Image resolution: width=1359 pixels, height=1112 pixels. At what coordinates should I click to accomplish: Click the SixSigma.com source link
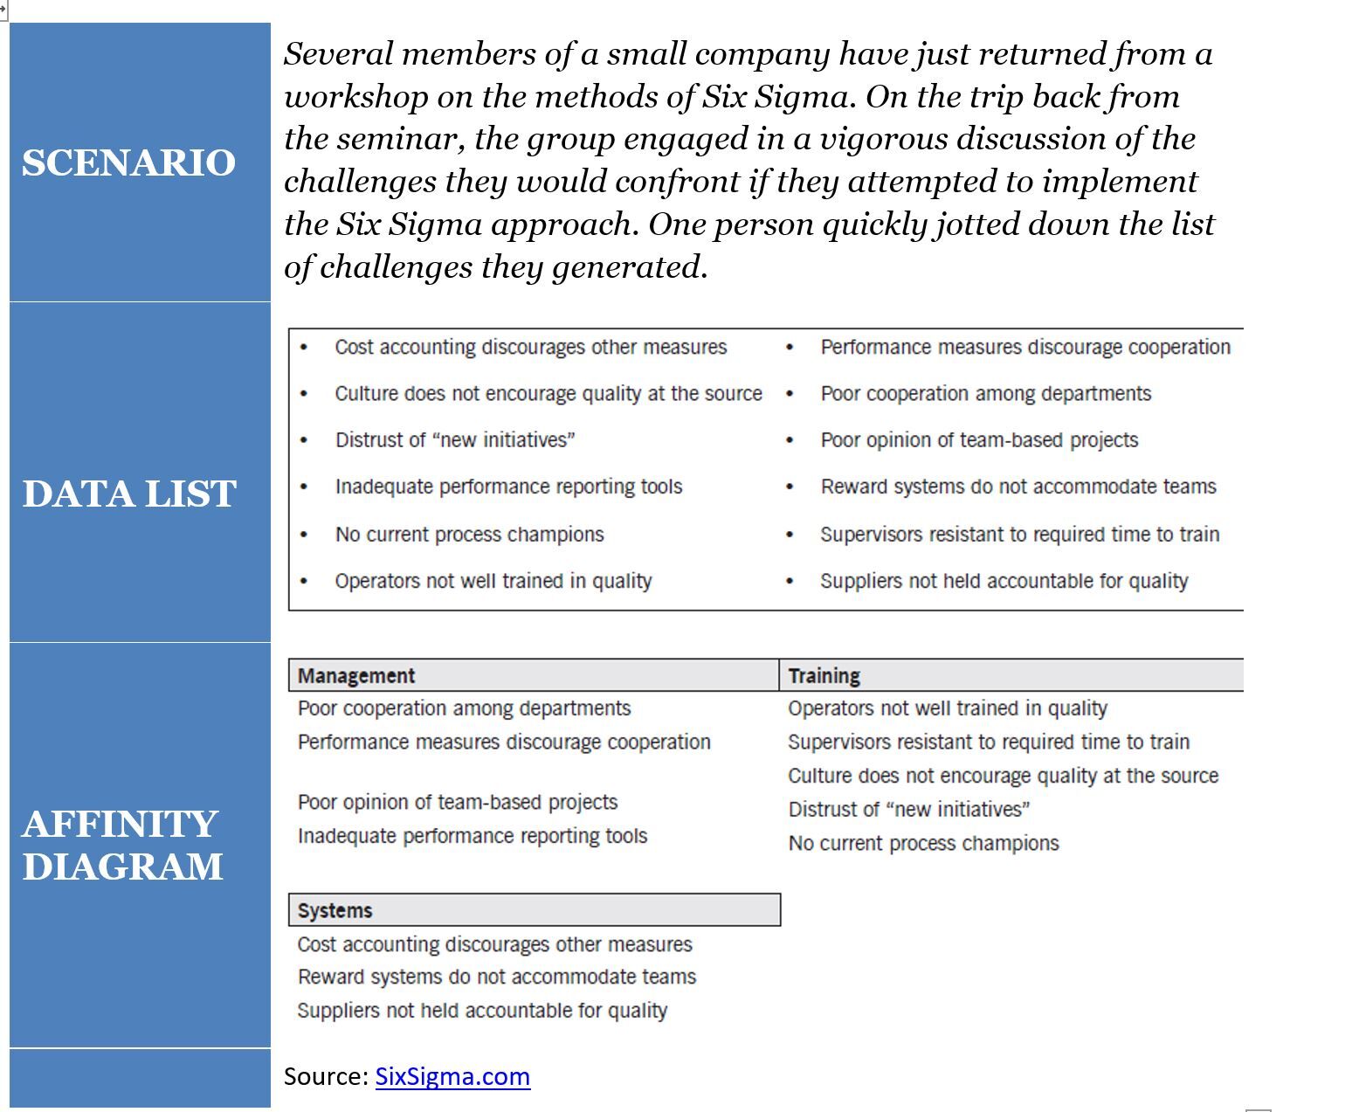tap(452, 1076)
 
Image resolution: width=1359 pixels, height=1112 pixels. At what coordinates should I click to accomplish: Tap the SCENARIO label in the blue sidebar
tap(129, 162)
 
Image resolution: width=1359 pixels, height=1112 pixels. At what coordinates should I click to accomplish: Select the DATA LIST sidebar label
tap(129, 494)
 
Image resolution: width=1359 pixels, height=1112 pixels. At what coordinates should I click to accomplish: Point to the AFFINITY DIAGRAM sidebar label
tap(123, 845)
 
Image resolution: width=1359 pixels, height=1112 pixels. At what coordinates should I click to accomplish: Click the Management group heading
tap(356, 675)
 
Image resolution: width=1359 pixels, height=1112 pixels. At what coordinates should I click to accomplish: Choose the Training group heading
tap(824, 675)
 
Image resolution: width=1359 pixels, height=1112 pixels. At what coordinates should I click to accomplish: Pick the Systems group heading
tap(335, 910)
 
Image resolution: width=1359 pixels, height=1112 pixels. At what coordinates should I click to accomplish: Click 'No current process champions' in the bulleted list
tap(469, 534)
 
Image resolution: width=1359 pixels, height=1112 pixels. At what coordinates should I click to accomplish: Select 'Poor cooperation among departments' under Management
tap(464, 708)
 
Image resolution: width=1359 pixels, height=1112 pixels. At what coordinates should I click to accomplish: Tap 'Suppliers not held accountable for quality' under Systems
tap(482, 1011)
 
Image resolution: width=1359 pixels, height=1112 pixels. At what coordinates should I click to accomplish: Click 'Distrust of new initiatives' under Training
tap(908, 809)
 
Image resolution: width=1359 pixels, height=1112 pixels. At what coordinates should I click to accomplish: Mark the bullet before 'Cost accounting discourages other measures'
tap(304, 348)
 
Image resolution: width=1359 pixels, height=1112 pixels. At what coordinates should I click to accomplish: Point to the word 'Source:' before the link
tap(326, 1076)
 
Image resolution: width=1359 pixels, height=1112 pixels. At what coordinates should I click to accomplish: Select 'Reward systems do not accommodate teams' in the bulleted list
tap(1018, 487)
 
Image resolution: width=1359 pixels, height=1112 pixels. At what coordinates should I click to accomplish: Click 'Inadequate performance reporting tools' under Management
tap(473, 836)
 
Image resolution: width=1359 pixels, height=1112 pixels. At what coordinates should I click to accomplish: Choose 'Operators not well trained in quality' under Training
tap(947, 708)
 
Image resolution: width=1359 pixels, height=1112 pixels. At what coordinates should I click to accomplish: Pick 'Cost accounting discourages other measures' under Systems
tap(494, 944)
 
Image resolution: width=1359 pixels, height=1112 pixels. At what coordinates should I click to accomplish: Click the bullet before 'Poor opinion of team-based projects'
tap(790, 440)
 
